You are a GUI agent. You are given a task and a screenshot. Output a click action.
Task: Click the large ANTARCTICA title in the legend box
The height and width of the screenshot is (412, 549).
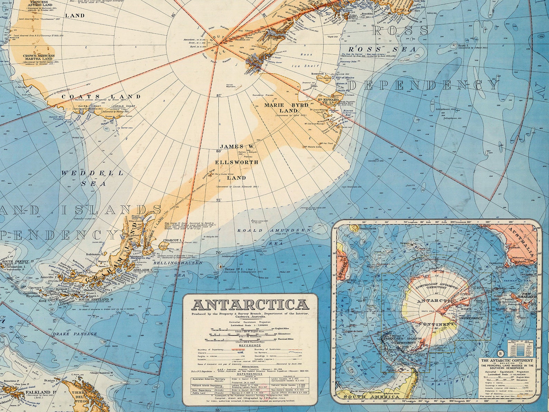click(250, 305)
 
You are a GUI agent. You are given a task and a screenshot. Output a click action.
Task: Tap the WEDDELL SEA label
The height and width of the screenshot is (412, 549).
click(93, 178)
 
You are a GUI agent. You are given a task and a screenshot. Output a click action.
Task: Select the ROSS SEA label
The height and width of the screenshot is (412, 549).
click(382, 49)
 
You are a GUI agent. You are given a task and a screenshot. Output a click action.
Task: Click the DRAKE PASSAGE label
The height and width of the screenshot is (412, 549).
click(75, 334)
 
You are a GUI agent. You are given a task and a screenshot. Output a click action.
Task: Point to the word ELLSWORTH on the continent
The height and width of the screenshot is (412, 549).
click(237, 162)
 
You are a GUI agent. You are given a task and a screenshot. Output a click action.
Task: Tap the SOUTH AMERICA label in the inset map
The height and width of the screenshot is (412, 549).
click(367, 397)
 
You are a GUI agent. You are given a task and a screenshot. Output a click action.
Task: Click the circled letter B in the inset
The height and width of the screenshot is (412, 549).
click(500, 354)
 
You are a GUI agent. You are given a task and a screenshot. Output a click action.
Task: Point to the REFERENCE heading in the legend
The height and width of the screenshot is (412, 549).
click(250, 345)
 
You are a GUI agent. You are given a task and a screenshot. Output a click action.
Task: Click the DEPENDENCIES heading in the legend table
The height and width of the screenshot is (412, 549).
click(250, 374)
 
